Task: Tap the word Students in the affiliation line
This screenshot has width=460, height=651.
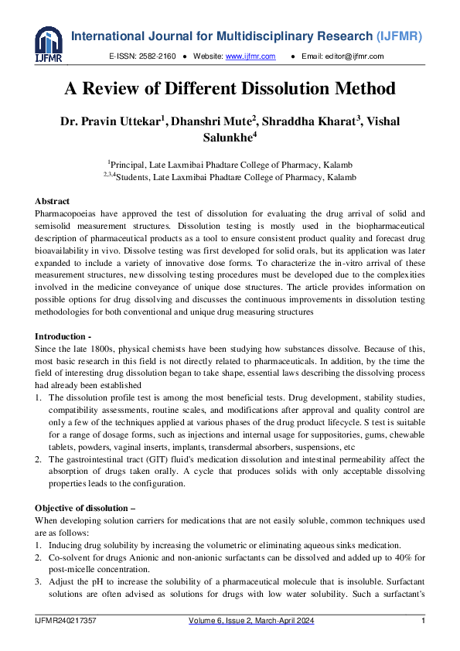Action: tap(132, 177)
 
